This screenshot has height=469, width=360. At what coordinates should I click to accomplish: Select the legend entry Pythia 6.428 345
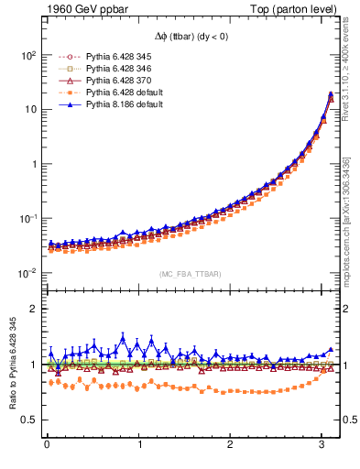(x=113, y=56)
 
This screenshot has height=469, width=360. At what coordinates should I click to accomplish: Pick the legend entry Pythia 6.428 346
(x=113, y=68)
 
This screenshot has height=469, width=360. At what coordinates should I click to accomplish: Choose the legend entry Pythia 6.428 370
(x=113, y=80)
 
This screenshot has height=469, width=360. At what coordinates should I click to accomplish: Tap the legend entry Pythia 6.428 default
(x=116, y=92)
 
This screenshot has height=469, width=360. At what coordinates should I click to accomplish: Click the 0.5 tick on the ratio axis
(x=27, y=420)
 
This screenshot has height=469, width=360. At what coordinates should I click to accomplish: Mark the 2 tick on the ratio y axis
(x=31, y=309)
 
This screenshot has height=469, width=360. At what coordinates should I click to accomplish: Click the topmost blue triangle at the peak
(x=330, y=93)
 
